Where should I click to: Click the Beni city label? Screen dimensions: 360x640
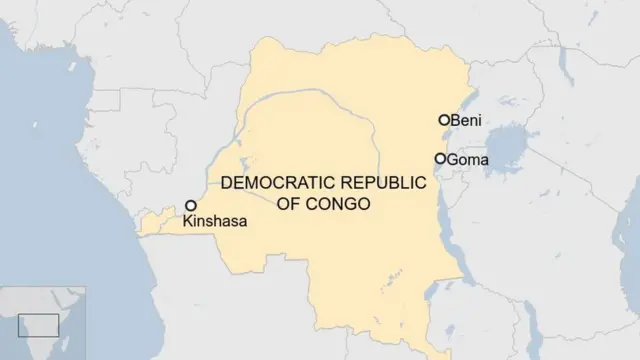click(x=467, y=120)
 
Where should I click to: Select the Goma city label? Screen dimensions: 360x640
click(x=468, y=159)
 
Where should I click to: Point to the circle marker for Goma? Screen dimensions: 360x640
click(x=440, y=159)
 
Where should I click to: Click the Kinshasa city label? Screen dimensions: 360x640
click(x=214, y=222)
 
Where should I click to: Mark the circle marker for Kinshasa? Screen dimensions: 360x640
click(x=190, y=205)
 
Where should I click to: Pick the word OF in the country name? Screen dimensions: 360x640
click(x=290, y=203)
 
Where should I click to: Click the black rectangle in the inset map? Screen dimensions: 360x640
click(x=38, y=324)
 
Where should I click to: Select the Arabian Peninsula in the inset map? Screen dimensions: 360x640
click(x=68, y=298)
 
